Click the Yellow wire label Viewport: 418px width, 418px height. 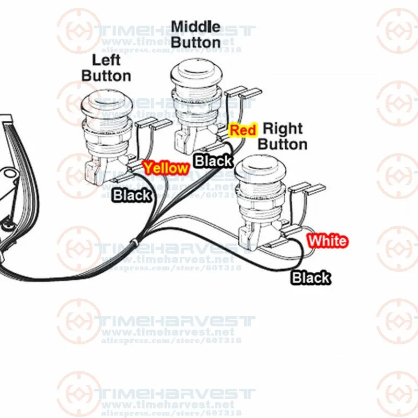click(x=166, y=168)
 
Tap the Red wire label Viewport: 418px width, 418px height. click(x=243, y=130)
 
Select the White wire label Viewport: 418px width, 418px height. click(x=327, y=241)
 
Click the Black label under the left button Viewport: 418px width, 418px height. click(x=132, y=195)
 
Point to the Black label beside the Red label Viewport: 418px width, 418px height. click(x=213, y=161)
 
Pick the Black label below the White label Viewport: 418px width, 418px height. click(x=311, y=277)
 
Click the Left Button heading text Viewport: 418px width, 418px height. click(x=106, y=68)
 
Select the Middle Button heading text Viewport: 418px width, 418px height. click(x=195, y=33)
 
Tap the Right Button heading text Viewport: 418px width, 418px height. click(x=283, y=136)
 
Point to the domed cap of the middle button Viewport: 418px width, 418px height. click(x=193, y=72)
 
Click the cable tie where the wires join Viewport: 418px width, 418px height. click(x=136, y=243)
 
